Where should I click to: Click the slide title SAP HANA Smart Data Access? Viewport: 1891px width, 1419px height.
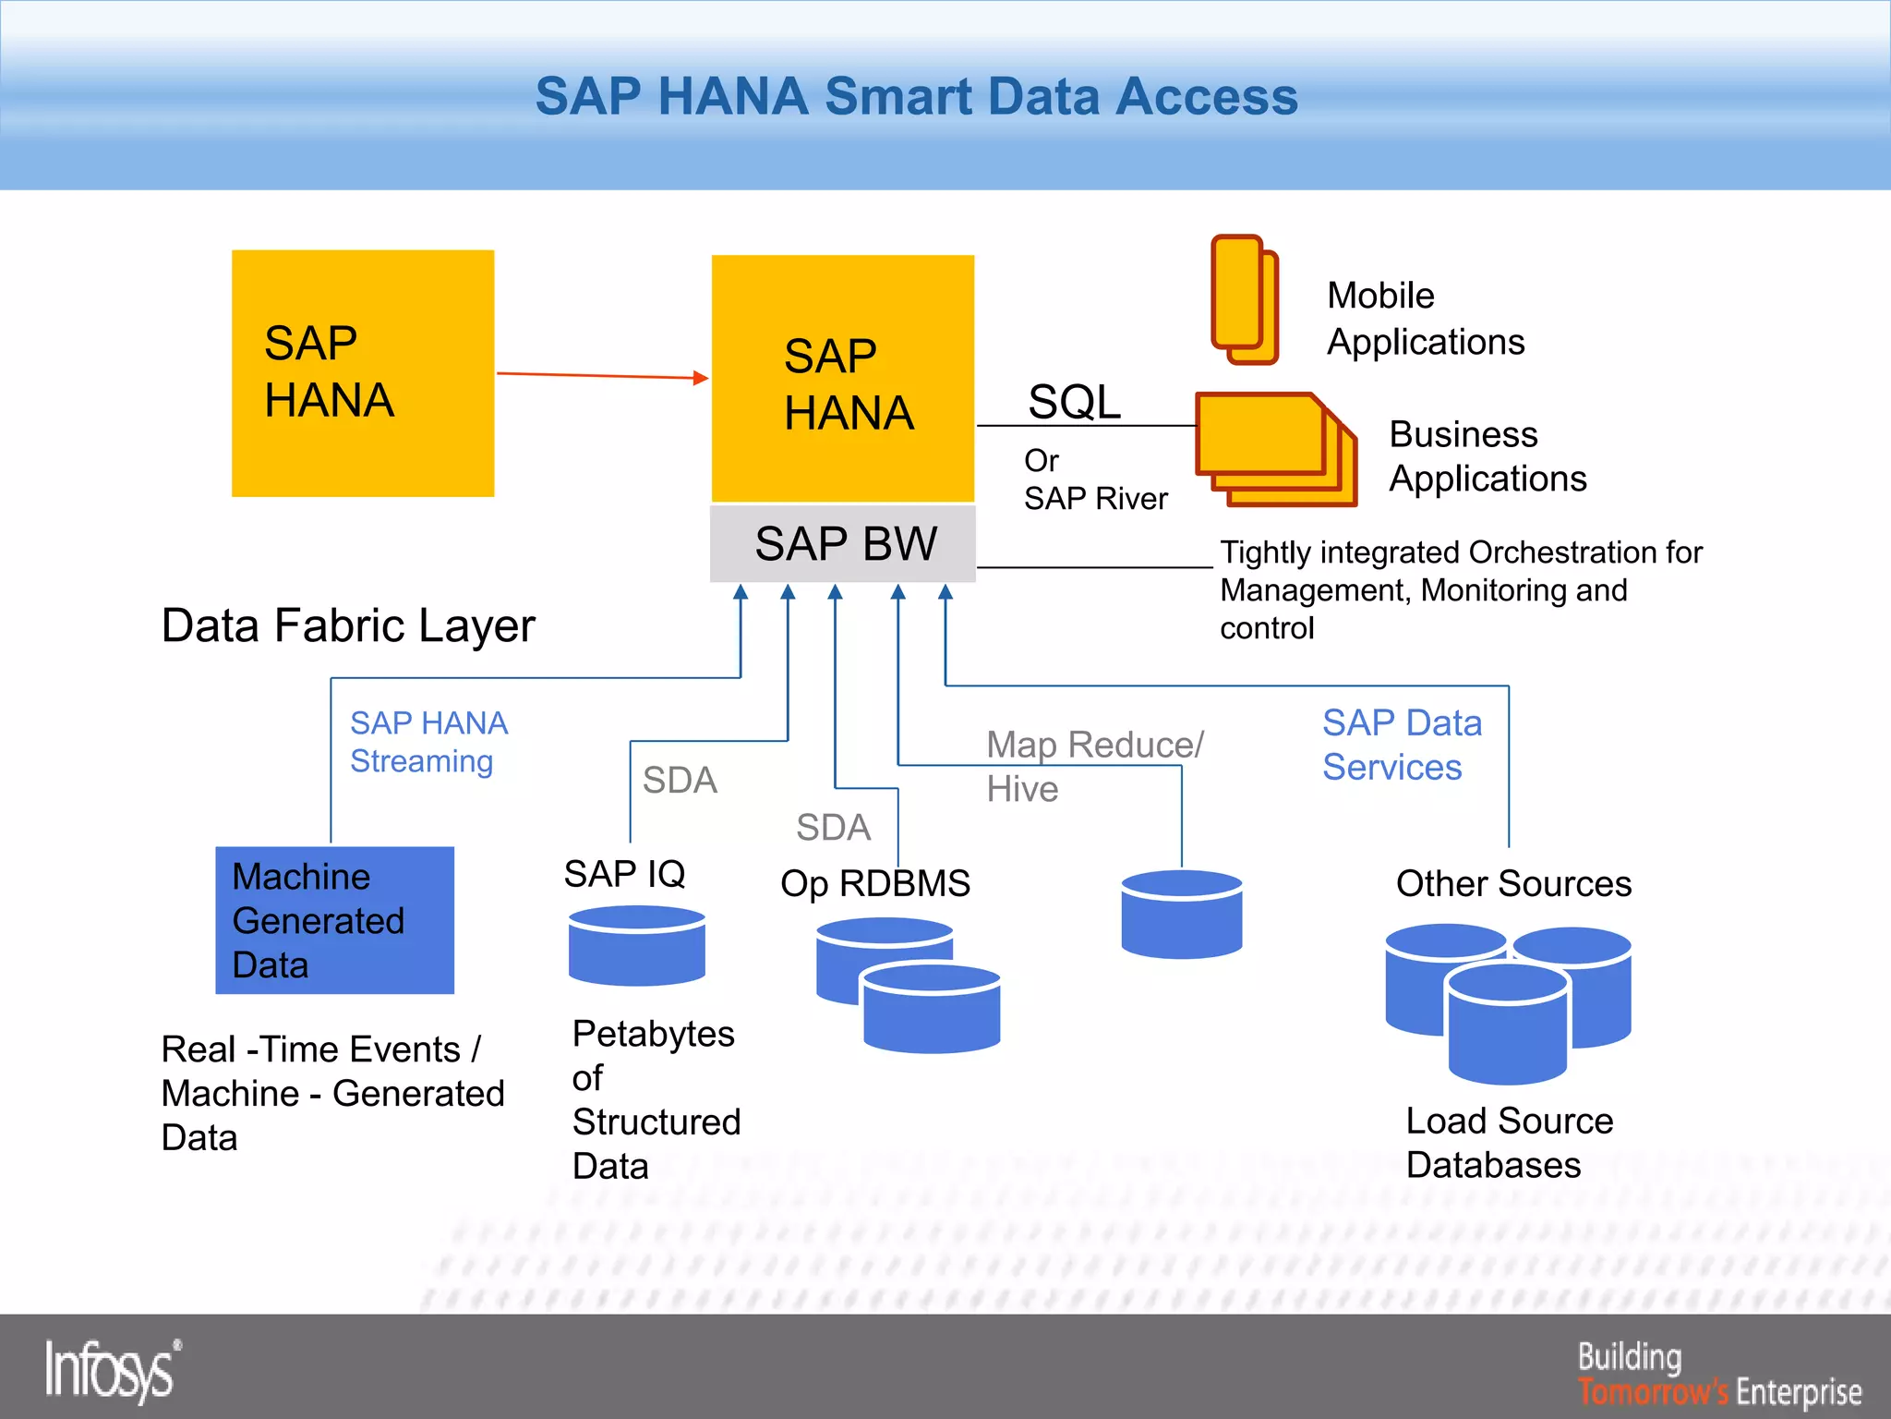click(916, 97)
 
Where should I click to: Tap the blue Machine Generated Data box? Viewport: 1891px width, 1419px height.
click(334, 920)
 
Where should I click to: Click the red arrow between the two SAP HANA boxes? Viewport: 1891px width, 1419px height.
click(602, 375)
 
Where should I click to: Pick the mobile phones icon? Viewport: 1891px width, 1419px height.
click(1244, 299)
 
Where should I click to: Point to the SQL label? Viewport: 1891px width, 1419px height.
click(1074, 402)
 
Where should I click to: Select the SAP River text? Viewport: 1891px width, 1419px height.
click(1095, 499)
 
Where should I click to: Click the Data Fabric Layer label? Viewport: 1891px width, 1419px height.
click(348, 625)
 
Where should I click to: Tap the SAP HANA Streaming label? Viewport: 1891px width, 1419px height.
click(428, 742)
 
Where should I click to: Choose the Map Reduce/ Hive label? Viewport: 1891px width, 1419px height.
click(1094, 766)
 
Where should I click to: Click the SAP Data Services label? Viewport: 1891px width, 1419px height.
click(1402, 745)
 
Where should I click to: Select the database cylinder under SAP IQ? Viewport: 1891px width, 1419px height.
click(637, 945)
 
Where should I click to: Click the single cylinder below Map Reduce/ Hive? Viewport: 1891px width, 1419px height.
click(1181, 914)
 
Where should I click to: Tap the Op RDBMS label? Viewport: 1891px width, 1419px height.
click(875, 883)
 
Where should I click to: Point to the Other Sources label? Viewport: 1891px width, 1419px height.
click(1513, 883)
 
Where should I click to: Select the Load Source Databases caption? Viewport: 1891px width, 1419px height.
click(1509, 1143)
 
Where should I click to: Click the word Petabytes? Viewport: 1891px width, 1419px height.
click(654, 1034)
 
